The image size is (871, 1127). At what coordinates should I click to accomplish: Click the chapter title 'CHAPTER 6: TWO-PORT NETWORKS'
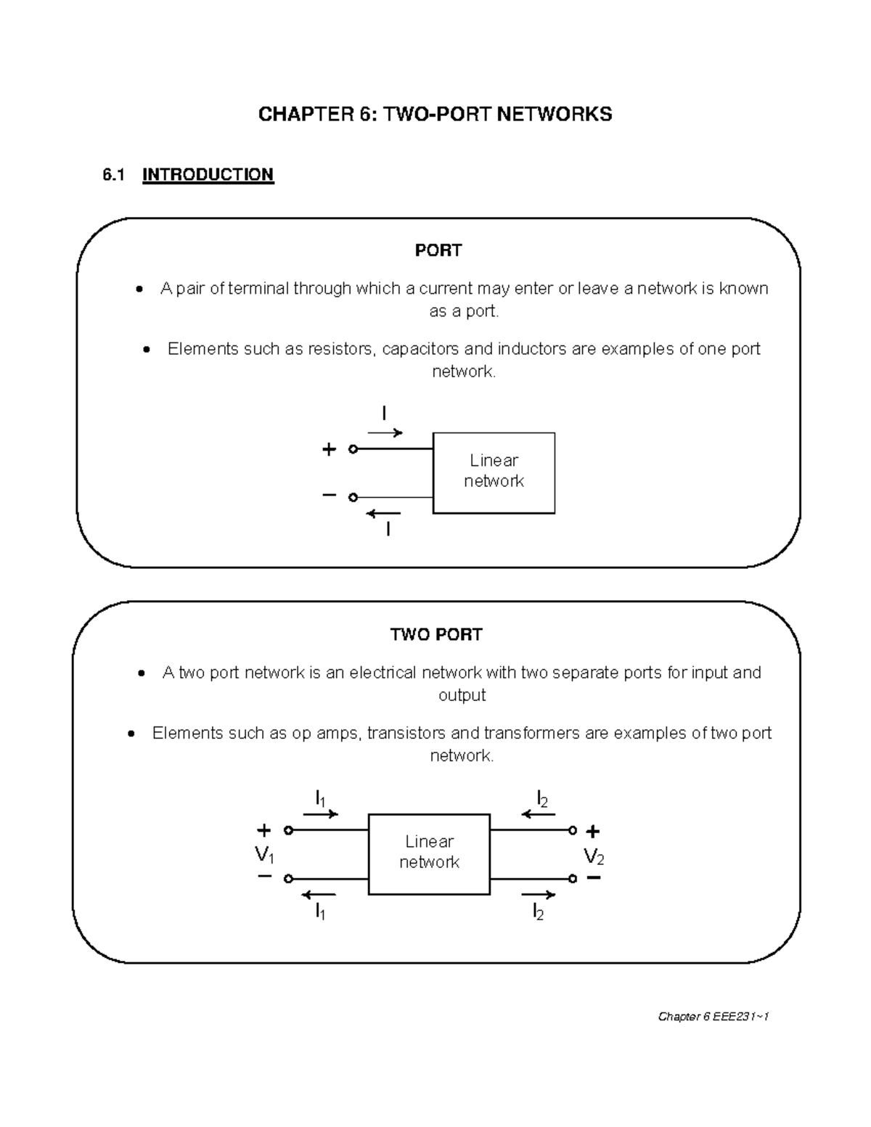435,114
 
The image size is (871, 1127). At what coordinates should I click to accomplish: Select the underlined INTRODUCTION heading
208,175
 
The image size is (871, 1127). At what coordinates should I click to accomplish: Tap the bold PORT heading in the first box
438,250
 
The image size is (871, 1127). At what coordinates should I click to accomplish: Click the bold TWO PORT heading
436,635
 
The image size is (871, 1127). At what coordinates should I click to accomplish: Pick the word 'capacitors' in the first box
420,349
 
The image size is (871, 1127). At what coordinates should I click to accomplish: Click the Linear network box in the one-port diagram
494,472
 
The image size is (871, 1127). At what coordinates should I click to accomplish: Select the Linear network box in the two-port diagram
429,853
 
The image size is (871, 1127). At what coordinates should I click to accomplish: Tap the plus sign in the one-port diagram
329,450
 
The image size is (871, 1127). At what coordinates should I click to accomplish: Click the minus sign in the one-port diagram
329,496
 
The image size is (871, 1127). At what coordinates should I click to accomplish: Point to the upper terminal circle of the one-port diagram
353,449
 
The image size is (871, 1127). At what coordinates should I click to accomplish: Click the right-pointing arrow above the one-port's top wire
385,433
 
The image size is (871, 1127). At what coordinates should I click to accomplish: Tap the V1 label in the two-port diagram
265,855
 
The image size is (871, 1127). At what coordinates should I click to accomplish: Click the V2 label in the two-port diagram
594,857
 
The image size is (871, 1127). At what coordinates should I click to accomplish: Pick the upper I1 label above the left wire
319,799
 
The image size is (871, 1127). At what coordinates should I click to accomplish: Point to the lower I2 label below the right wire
538,912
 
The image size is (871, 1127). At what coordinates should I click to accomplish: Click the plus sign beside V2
593,831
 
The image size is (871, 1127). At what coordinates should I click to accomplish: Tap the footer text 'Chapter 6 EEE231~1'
713,1017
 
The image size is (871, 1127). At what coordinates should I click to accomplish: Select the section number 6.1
114,175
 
